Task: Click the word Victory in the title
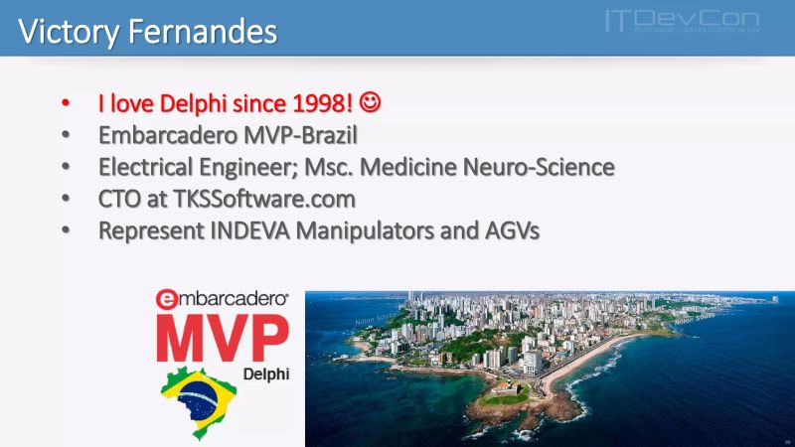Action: tap(67, 31)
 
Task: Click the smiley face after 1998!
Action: tap(370, 102)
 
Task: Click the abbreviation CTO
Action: tap(120, 199)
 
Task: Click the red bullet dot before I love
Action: tap(66, 103)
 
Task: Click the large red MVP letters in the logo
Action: tap(223, 337)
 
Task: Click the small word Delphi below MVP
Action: tap(264, 374)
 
